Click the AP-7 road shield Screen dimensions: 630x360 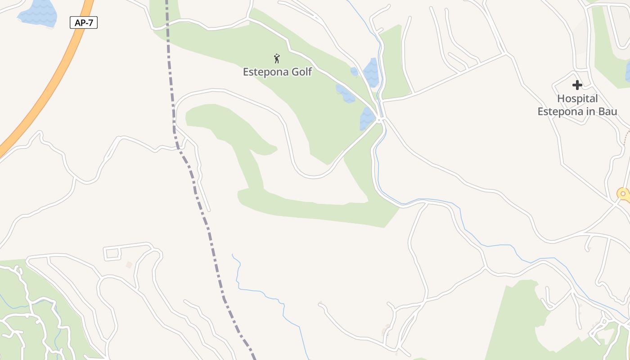[84, 22]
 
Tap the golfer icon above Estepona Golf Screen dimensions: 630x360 [277, 58]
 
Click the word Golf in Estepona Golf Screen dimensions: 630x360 [301, 72]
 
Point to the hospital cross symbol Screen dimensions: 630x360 [577, 85]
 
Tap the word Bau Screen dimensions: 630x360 [607, 112]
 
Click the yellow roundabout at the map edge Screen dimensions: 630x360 [623, 194]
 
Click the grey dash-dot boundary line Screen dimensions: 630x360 [207, 225]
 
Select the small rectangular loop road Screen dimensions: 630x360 [112, 253]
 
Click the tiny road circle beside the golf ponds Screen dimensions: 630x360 [380, 121]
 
